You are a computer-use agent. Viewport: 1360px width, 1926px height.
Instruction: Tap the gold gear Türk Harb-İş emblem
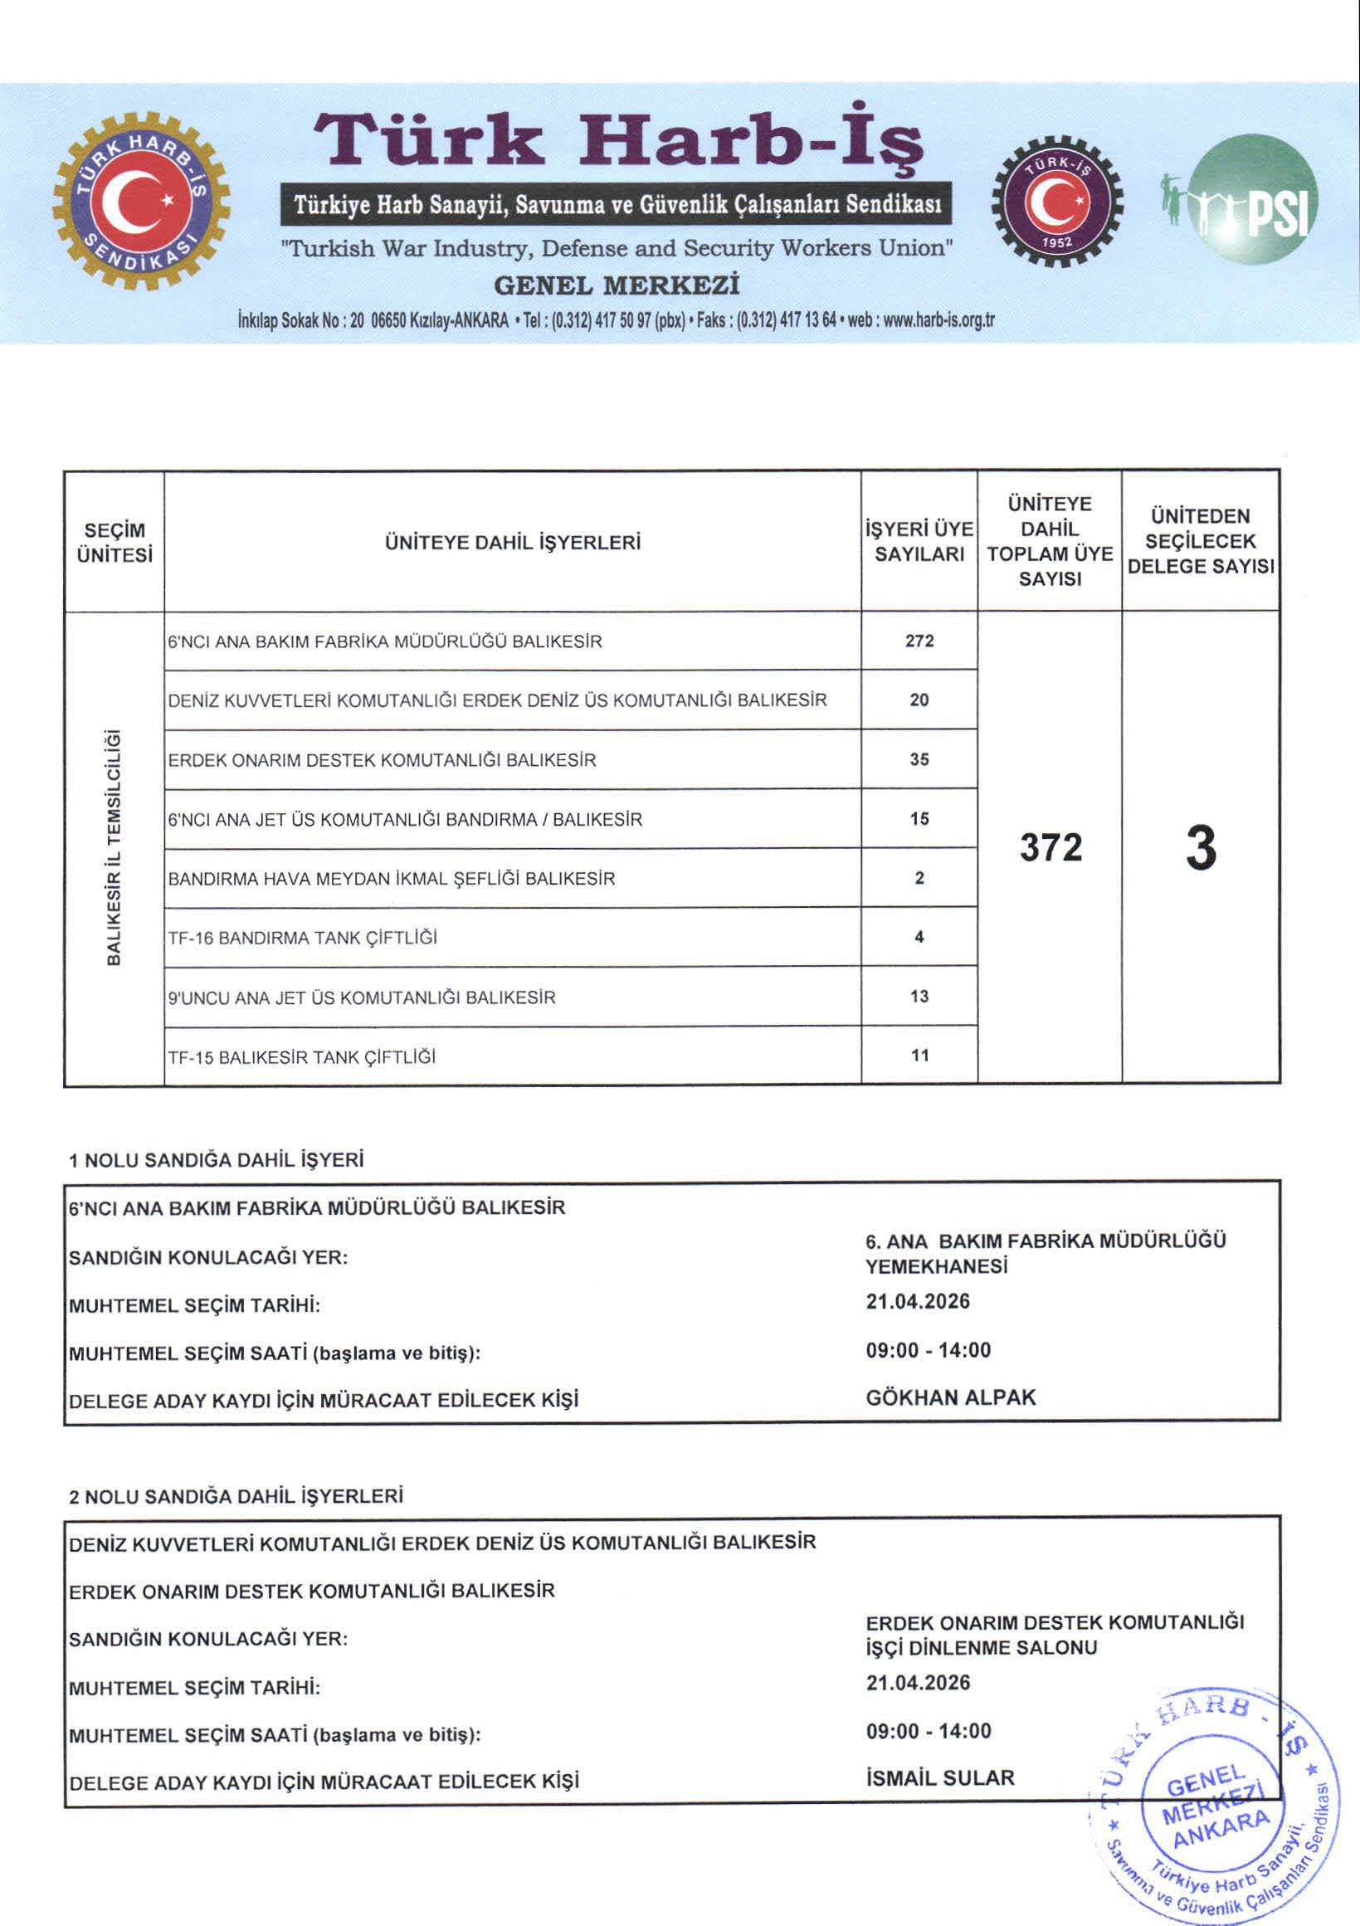coord(141,201)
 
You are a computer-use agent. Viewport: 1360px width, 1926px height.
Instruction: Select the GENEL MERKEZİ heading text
coord(617,285)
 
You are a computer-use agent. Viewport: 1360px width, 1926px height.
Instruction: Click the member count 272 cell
coord(919,641)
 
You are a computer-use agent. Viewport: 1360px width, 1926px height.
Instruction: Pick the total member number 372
coord(1050,847)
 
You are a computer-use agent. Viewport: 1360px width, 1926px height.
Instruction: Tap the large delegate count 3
coord(1201,847)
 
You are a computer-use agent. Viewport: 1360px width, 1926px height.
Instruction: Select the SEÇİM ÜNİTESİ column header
coord(115,542)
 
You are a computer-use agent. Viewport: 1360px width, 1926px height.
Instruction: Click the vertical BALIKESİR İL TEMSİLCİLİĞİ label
coord(115,847)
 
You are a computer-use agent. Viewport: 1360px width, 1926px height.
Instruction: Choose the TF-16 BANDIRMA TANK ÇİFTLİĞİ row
coord(303,938)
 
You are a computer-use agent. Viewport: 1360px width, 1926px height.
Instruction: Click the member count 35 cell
coord(919,759)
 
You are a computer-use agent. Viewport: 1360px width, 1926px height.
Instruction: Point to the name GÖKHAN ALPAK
coord(951,1397)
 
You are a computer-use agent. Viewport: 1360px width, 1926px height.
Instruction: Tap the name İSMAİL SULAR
coord(939,1777)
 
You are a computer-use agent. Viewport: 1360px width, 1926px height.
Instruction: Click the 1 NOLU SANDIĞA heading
coord(217,1160)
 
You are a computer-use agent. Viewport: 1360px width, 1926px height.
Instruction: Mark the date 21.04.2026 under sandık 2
coord(918,1683)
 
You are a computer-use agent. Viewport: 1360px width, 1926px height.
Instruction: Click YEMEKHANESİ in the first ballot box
coord(936,1265)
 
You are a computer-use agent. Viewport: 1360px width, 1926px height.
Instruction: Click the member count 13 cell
coord(919,997)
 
